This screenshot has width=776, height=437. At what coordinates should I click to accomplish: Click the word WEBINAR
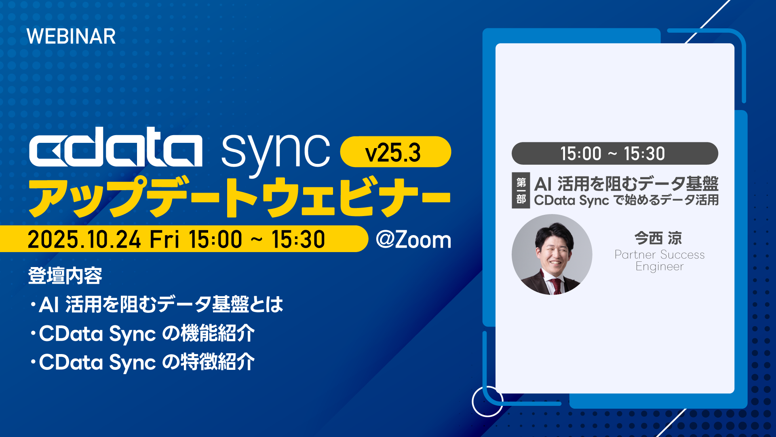coord(71,36)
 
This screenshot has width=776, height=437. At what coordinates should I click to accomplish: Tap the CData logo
coord(116,147)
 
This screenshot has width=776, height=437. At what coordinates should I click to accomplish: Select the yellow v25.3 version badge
coord(395,152)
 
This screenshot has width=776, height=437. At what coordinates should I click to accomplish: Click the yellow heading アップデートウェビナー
coord(239,197)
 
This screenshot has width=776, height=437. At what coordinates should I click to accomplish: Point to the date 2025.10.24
coord(84,239)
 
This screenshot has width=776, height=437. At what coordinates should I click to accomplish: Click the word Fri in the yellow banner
coord(164,239)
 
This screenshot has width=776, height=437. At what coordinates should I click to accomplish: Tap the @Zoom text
coord(413,240)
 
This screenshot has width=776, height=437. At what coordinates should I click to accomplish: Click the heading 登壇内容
coord(65,276)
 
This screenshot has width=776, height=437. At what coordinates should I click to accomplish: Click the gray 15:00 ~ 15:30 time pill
coord(615,153)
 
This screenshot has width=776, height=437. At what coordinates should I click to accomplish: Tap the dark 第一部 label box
coord(521,191)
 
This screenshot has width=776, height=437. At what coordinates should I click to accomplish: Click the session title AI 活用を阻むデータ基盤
coord(626,183)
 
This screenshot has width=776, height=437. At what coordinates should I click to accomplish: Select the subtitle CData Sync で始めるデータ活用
coord(626,200)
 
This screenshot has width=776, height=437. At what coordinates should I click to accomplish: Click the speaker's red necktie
coord(557,285)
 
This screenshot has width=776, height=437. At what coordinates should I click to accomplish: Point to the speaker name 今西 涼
coord(658,238)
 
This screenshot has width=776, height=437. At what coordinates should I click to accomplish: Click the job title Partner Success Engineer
coord(660,260)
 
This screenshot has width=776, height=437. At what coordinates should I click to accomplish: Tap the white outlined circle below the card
coord(487,401)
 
